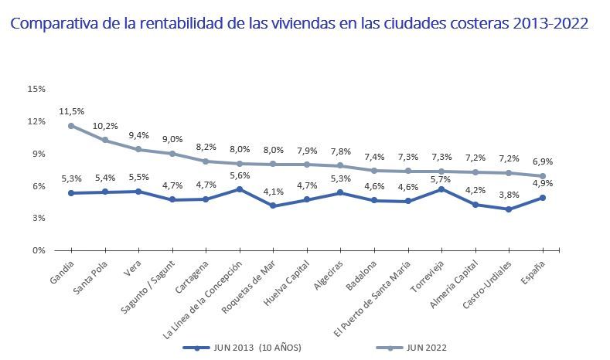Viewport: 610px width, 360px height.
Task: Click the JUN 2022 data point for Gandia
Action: point(71,125)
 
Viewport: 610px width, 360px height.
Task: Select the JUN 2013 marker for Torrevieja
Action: point(441,188)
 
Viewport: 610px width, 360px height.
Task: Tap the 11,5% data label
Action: point(71,111)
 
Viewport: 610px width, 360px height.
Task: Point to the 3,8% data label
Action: point(509,195)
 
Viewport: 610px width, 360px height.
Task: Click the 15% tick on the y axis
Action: point(36,89)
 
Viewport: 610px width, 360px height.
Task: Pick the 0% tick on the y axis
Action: point(38,250)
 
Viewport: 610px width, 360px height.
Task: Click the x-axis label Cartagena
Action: point(192,275)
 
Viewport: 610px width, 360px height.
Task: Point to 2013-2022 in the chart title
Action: point(550,24)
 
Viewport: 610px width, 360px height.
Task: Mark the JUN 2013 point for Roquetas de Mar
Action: point(273,205)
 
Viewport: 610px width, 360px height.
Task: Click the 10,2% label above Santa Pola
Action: point(105,126)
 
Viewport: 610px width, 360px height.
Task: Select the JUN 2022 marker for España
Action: point(543,175)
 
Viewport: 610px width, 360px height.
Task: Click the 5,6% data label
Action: point(239,175)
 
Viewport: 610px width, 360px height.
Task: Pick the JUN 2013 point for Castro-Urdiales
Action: point(509,209)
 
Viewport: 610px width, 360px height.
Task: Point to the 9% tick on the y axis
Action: point(38,154)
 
